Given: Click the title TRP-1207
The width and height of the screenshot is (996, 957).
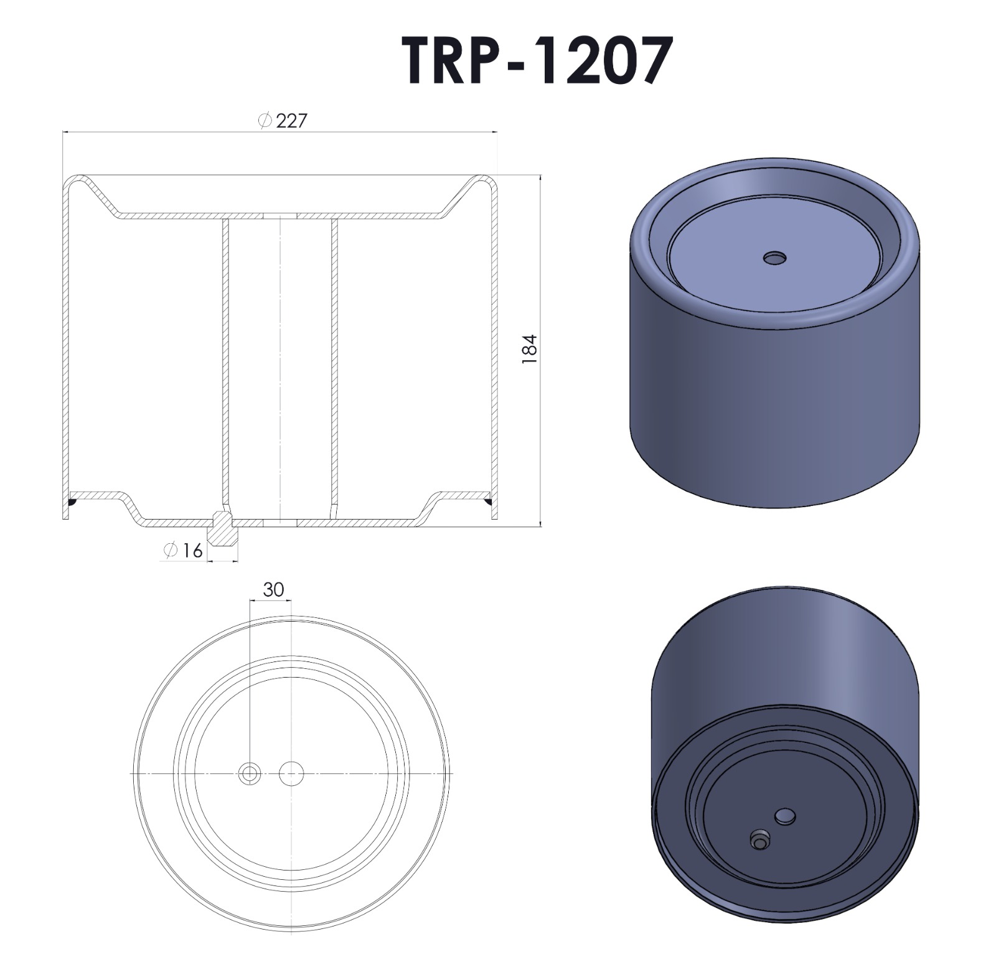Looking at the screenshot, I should pyautogui.click(x=537, y=60).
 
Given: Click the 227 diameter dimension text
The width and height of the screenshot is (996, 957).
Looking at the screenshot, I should pyautogui.click(x=291, y=121).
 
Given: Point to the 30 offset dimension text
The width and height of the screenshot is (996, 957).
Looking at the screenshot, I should pyautogui.click(x=273, y=589).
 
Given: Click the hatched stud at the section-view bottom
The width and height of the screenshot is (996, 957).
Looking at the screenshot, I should pyautogui.click(x=222, y=528).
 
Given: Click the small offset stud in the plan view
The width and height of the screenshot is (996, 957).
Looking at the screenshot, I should pyautogui.click(x=250, y=774).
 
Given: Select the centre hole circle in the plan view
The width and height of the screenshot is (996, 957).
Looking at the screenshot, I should pyautogui.click(x=291, y=774).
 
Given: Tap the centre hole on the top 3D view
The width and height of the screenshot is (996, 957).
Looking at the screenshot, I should pyautogui.click(x=775, y=258).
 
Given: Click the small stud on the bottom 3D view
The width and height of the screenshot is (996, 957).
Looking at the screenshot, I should pyautogui.click(x=759, y=840).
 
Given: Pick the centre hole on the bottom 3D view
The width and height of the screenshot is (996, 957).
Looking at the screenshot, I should pyautogui.click(x=786, y=816).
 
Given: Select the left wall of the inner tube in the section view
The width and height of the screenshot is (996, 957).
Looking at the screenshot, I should pyautogui.click(x=226, y=361).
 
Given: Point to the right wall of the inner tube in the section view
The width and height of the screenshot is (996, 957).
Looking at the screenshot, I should pyautogui.click(x=334, y=361).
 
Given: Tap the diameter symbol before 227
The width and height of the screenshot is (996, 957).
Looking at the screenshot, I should pyautogui.click(x=265, y=121).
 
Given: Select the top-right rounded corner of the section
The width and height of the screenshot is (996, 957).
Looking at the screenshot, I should pyautogui.click(x=489, y=182).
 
